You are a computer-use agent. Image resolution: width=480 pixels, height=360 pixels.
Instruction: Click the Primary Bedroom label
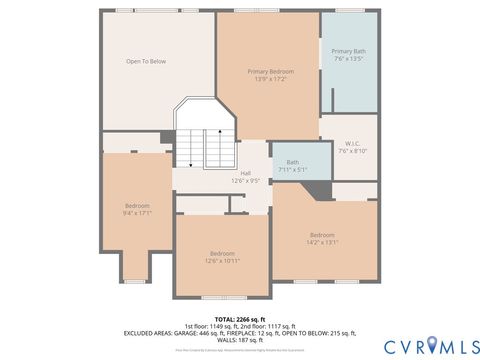pyautogui.click(x=271, y=71)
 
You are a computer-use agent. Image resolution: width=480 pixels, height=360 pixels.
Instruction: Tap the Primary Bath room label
pyautogui.click(x=349, y=51)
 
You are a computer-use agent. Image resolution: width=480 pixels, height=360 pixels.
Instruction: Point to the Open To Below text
pyautogui.click(x=145, y=62)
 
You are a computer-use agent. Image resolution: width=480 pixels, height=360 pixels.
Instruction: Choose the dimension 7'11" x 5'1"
pyautogui.click(x=293, y=169)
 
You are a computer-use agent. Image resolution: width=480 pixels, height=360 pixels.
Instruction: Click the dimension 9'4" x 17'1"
pyautogui.click(x=137, y=212)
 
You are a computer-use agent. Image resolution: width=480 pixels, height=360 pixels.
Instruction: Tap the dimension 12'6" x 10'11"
pyautogui.click(x=222, y=260)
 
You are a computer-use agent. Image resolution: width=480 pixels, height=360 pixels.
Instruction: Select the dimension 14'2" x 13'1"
pyautogui.click(x=322, y=241)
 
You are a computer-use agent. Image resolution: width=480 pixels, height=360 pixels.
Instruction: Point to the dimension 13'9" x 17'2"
pyautogui.click(x=271, y=79)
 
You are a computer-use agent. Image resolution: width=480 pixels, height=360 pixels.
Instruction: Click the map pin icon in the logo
pyautogui.click(x=431, y=345)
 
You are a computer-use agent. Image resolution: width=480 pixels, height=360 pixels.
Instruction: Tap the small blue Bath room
pyautogui.click(x=301, y=160)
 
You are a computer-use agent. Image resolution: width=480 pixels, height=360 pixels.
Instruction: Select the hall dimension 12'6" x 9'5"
pyautogui.click(x=246, y=181)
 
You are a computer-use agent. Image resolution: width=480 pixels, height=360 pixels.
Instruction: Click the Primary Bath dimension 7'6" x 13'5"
pyautogui.click(x=349, y=59)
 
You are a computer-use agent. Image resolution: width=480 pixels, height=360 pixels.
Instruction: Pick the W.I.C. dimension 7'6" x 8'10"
pyautogui.click(x=353, y=150)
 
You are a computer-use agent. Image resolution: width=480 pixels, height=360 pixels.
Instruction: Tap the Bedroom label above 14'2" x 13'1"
pyautogui.click(x=322, y=234)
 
